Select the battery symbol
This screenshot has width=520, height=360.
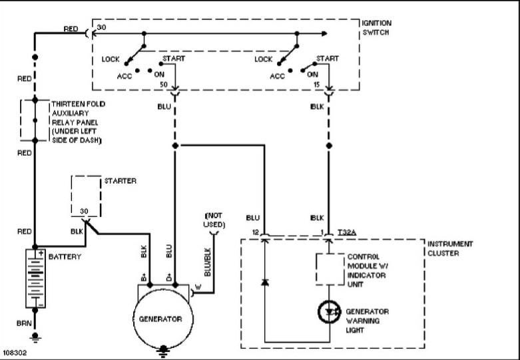[x=35, y=278]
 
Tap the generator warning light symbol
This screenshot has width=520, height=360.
[x=330, y=311]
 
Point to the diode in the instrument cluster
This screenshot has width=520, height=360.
[x=264, y=282]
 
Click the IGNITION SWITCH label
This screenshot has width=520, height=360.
[x=376, y=28]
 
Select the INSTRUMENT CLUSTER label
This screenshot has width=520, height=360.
[x=450, y=249]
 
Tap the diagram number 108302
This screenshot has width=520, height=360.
[x=15, y=353]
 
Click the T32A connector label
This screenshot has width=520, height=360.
[x=347, y=232]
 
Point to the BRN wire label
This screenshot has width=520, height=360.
[x=24, y=323]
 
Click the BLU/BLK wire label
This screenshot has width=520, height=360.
[x=208, y=262]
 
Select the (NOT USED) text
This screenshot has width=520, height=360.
[x=214, y=220]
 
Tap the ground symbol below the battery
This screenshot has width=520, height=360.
[x=35, y=337]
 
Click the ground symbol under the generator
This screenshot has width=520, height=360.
[x=163, y=351]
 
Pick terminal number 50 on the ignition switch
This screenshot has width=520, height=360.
[x=164, y=85]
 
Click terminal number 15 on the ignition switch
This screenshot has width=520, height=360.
[x=317, y=85]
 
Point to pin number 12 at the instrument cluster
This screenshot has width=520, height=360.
[x=256, y=232]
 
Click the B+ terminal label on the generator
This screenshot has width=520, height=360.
[x=144, y=277]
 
